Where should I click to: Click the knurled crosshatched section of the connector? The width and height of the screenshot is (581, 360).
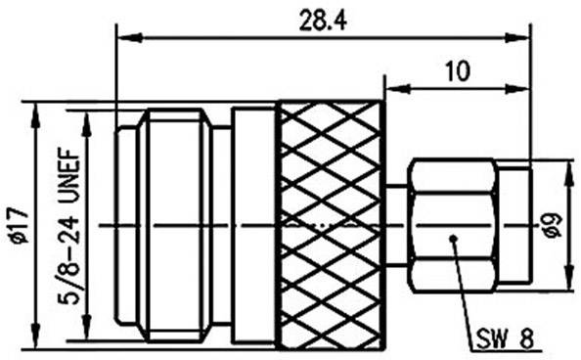[330, 225]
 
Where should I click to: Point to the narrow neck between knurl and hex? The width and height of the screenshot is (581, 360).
[395, 226]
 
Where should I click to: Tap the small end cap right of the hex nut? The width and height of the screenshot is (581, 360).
[515, 226]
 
